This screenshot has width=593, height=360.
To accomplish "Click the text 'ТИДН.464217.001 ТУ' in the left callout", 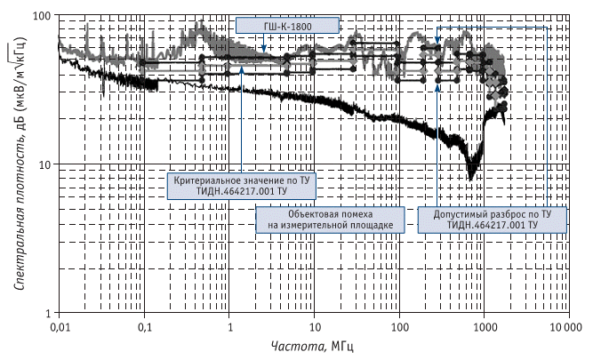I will [x=240, y=189].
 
